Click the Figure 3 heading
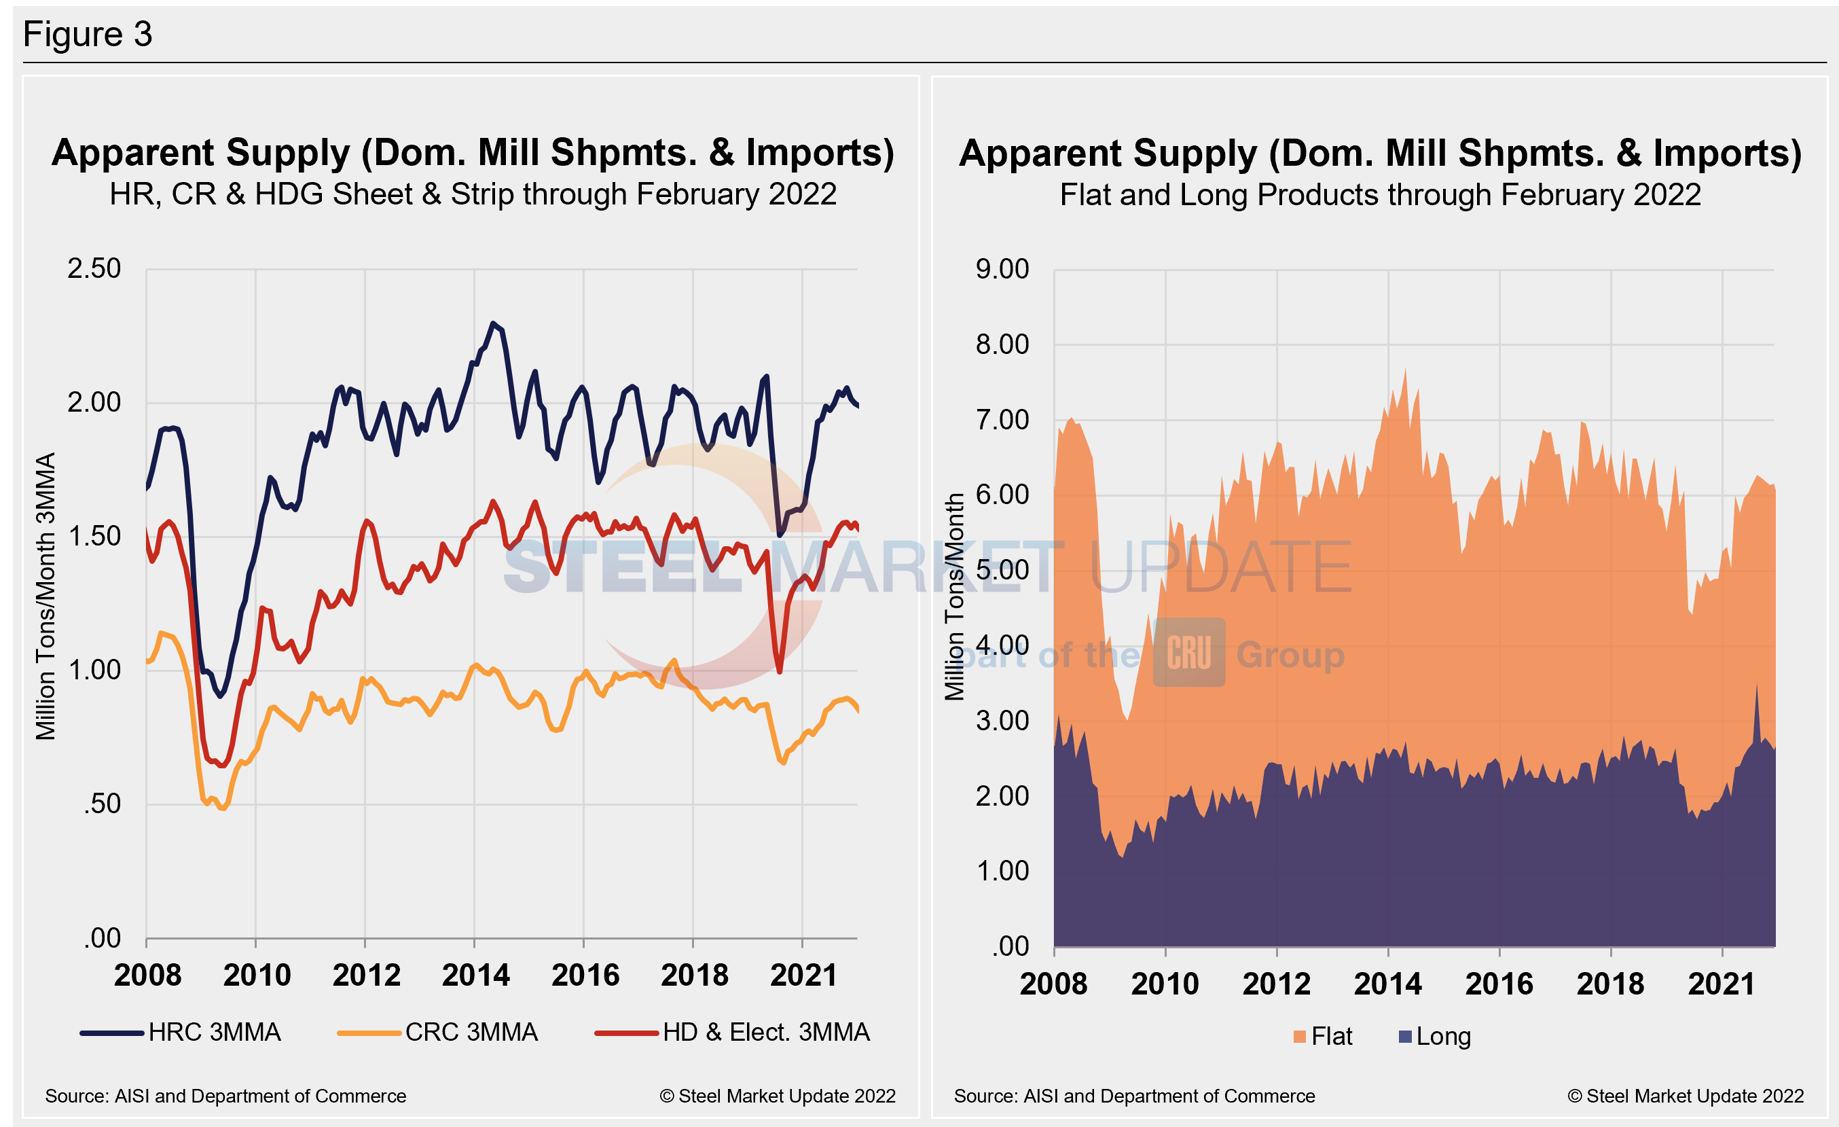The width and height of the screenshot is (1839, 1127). [88, 35]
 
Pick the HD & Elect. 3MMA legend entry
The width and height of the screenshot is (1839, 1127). [732, 1032]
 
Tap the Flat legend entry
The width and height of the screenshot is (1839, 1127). [1324, 1037]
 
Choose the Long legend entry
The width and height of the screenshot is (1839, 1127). [1434, 1037]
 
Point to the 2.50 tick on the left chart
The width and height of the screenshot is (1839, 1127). [94, 269]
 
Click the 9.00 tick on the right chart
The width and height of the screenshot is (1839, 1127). [1002, 270]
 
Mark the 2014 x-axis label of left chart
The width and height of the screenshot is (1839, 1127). [475, 976]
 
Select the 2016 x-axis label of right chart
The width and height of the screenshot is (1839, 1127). [1499, 984]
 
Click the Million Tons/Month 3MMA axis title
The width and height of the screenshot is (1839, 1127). [46, 596]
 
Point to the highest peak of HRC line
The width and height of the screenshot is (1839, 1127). [492, 323]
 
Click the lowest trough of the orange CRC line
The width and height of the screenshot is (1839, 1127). [221, 808]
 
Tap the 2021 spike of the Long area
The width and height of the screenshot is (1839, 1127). [1756, 685]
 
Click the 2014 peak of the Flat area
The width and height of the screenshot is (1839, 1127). [1405, 370]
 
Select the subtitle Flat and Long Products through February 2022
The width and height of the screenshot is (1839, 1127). [1380, 195]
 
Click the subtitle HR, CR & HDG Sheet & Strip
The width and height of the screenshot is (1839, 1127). [473, 194]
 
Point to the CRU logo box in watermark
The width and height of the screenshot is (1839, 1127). [1189, 651]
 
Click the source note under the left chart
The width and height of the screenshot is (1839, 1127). [225, 1096]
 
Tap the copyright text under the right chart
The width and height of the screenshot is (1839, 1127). [1686, 1096]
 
